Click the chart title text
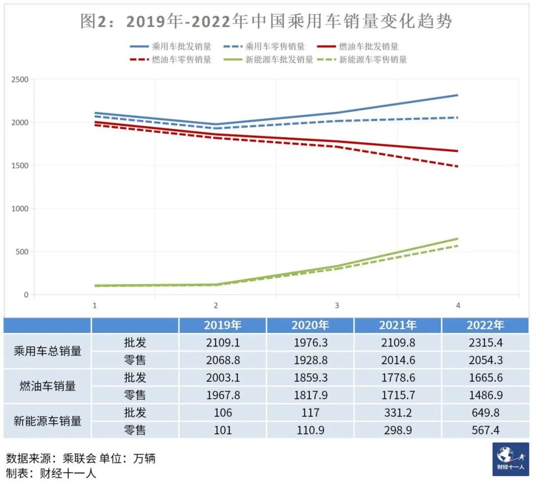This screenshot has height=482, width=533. (266, 22)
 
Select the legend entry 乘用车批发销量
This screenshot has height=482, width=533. (182, 47)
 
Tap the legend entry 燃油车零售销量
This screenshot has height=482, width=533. (182, 60)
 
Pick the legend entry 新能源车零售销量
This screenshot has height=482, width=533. (373, 60)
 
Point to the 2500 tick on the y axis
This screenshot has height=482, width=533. (20, 79)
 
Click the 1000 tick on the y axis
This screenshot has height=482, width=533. (20, 209)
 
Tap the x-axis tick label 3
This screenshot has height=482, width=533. (337, 306)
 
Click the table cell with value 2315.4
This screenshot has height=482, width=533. (486, 342)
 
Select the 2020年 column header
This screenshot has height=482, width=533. (310, 325)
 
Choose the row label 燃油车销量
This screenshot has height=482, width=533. (47, 386)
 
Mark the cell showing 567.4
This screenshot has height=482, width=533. (486, 430)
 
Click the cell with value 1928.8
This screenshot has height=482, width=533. (310, 360)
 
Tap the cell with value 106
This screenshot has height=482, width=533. (223, 412)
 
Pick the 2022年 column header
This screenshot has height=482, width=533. (486, 325)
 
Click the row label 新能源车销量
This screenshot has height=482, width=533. (47, 421)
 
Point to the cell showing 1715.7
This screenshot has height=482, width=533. (398, 395)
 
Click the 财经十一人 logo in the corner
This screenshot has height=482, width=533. (510, 459)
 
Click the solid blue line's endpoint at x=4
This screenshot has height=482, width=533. (457, 95)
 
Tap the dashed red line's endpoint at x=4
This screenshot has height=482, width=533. (457, 167)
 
